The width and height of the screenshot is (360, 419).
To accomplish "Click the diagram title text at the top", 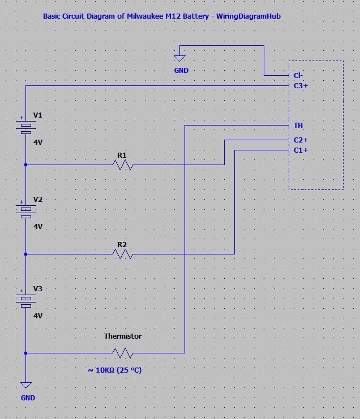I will [x=162, y=16].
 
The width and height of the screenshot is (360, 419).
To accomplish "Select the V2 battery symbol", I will [x=26, y=211].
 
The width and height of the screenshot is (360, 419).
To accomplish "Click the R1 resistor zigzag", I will [x=123, y=165].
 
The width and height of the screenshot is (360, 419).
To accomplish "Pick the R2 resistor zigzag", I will [x=123, y=254].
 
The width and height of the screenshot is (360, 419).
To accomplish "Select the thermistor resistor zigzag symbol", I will [x=123, y=353].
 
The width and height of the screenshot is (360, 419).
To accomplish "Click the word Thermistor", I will [x=122, y=336].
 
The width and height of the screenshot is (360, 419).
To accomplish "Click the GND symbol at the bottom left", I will [x=26, y=386].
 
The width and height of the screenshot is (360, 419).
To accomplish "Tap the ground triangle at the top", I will [x=180, y=57].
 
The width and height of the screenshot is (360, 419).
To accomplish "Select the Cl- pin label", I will [x=298, y=75].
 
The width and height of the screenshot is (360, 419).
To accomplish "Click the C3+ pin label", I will [x=301, y=86].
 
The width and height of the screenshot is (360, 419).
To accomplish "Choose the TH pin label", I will [x=298, y=125].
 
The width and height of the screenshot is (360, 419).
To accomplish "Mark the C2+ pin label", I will [x=301, y=140].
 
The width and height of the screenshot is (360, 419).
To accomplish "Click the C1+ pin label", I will [x=301, y=150].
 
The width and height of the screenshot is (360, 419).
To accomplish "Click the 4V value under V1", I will [x=38, y=142].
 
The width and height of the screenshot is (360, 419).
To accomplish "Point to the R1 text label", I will [x=122, y=154].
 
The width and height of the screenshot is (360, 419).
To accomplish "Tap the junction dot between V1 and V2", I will [x=26, y=165].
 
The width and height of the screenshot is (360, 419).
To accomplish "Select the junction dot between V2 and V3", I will [x=26, y=254].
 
